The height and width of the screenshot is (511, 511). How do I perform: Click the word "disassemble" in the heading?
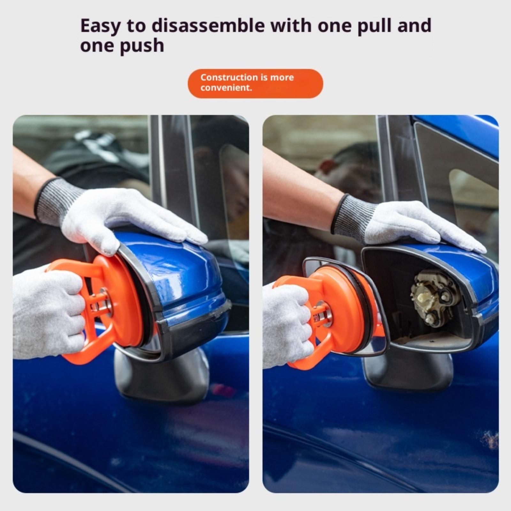coord(208,26)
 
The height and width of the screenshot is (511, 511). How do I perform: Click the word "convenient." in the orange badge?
coord(226,88)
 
